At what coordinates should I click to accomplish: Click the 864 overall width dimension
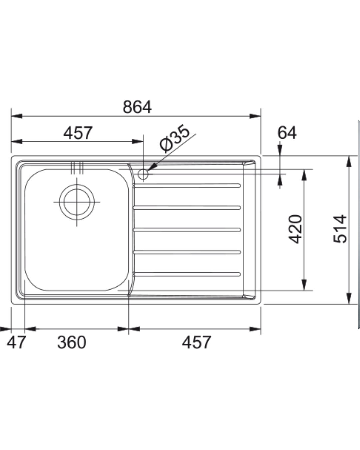pyautogui.click(x=137, y=107)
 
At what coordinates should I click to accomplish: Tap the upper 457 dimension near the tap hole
pyautogui.click(x=78, y=133)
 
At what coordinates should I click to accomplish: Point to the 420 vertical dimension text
pyautogui.click(x=295, y=229)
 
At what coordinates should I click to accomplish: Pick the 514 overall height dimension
pyautogui.click(x=340, y=229)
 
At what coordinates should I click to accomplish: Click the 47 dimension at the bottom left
pyautogui.click(x=16, y=342)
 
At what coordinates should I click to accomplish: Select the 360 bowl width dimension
pyautogui.click(x=71, y=342)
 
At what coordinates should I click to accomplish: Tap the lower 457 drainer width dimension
pyautogui.click(x=196, y=342)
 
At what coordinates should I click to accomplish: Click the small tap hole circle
pyautogui.click(x=143, y=174)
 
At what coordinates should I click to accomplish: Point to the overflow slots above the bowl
pyautogui.click(x=77, y=168)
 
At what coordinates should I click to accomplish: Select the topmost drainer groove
pyautogui.click(x=187, y=185)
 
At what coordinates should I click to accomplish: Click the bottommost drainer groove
pyautogui.click(x=187, y=274)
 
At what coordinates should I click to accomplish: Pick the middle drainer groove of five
pyautogui.click(x=187, y=230)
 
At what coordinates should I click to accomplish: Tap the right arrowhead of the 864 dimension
pyautogui.click(x=256, y=116)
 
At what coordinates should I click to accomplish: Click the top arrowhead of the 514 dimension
pyautogui.click(x=349, y=161)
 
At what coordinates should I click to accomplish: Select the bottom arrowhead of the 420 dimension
pyautogui.click(x=304, y=285)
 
